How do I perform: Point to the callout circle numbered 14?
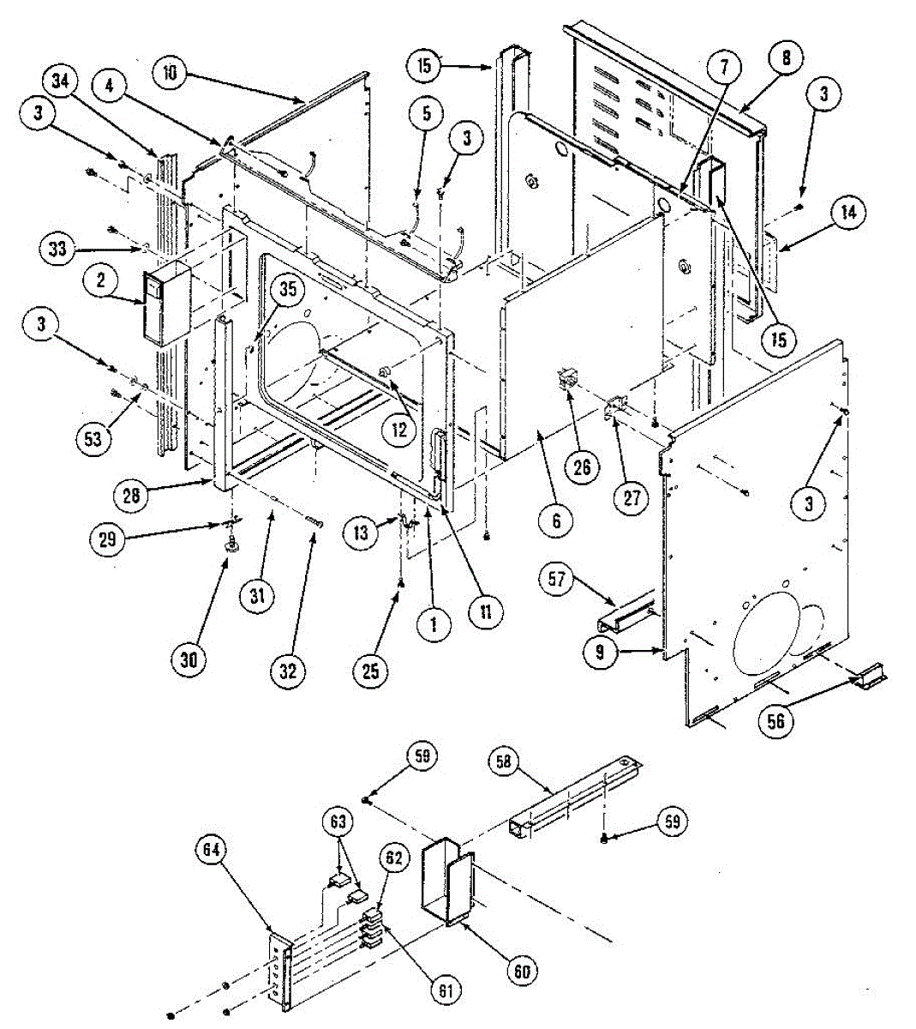[847, 213]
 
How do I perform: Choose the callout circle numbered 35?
[287, 290]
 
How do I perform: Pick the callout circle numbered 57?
[558, 581]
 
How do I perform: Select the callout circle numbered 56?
[776, 720]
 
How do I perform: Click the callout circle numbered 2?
[100, 280]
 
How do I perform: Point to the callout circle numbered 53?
[93, 438]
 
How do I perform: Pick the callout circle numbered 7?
[724, 66]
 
